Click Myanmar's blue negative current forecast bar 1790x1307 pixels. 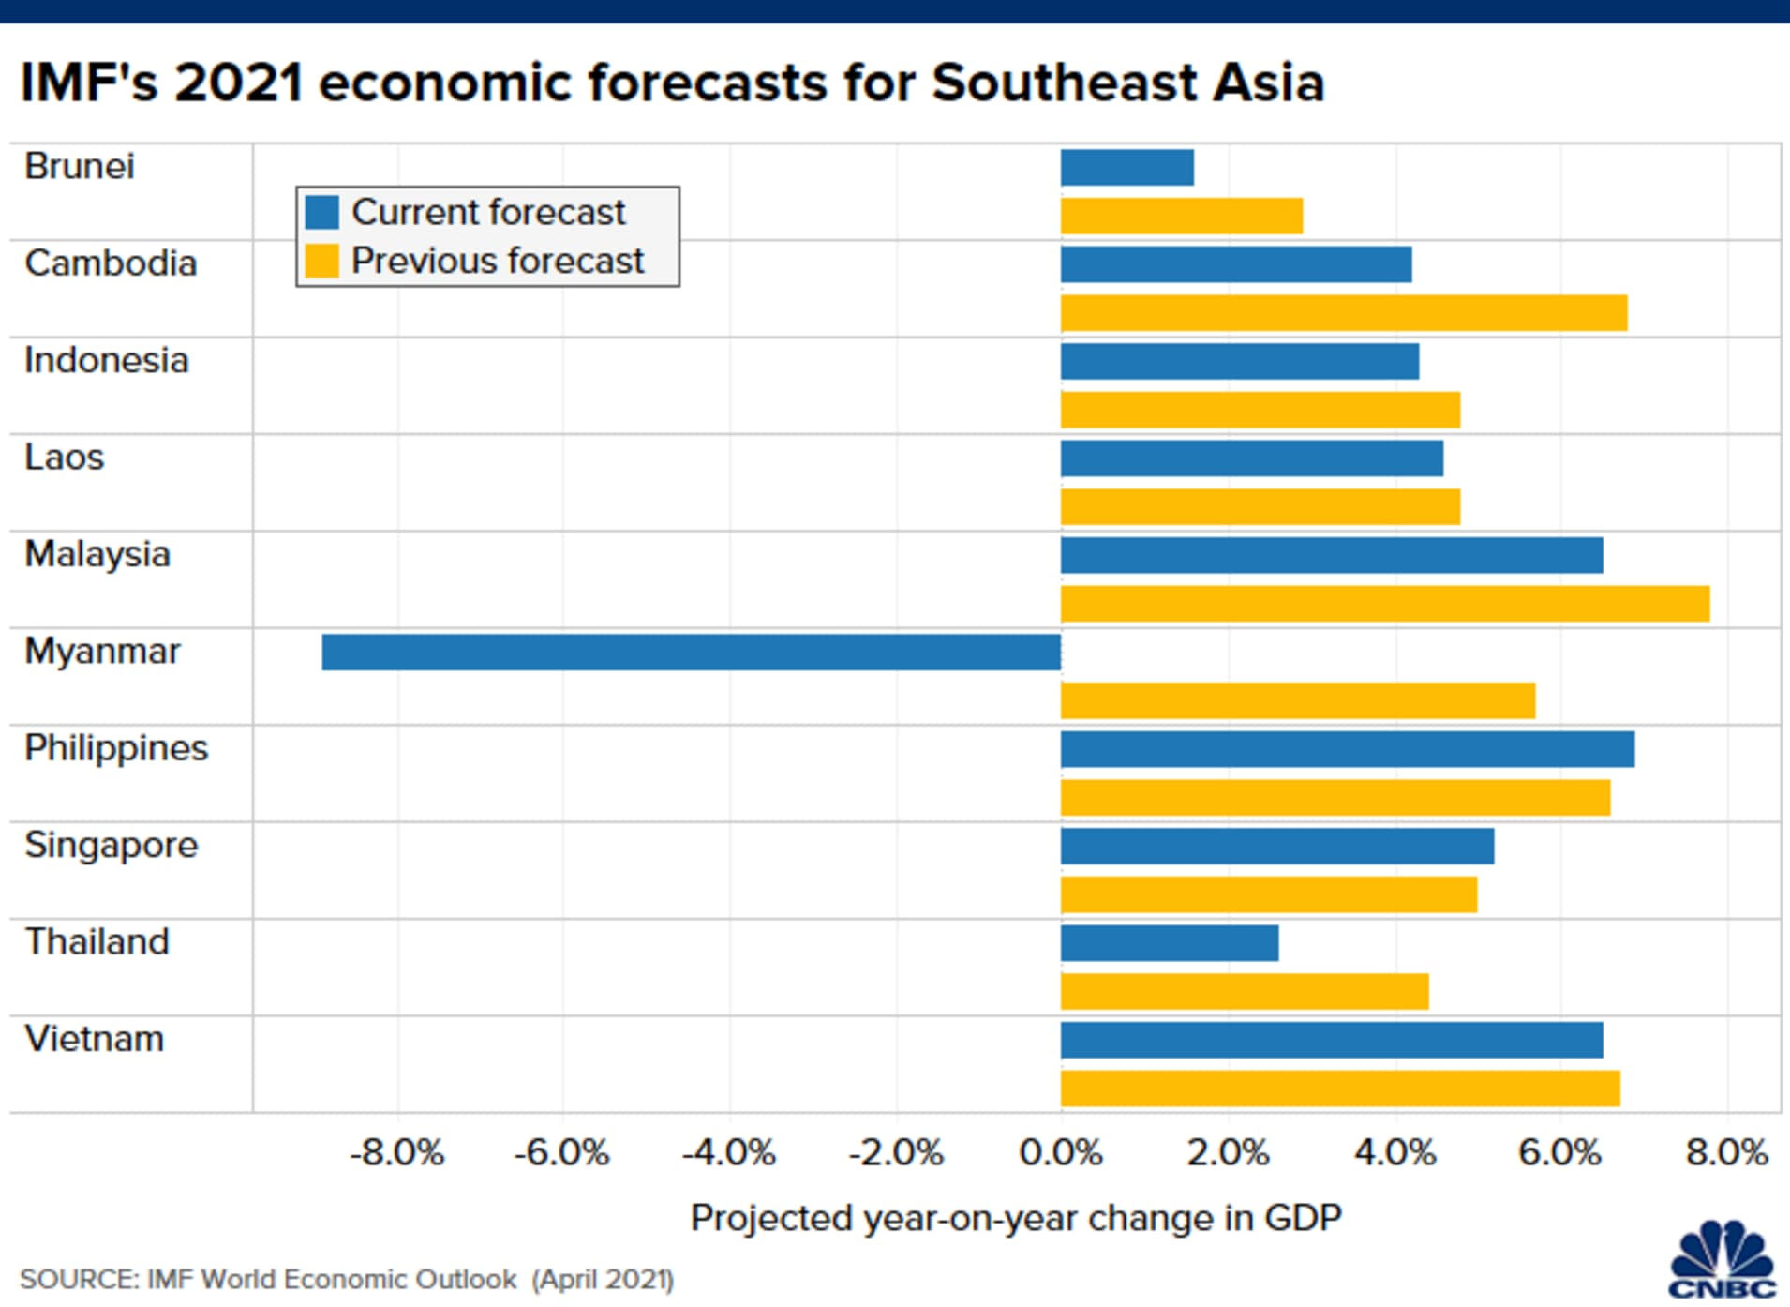pos(691,652)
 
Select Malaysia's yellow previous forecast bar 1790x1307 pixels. pos(1384,604)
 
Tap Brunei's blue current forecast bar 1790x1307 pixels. pos(1126,168)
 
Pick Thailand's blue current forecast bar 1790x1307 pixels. pos(1169,943)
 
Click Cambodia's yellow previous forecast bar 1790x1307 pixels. pos(1343,313)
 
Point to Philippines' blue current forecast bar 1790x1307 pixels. pos(1347,749)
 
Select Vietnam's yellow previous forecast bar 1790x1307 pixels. pos(1339,1089)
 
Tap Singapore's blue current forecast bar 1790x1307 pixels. pos(1276,846)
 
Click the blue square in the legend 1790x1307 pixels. pos(321,212)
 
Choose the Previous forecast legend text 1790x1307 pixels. pos(497,261)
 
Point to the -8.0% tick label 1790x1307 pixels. pos(397,1152)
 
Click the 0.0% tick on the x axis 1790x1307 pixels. pos(1060,1152)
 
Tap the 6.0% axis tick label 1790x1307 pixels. pos(1559,1152)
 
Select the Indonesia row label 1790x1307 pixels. pos(106,361)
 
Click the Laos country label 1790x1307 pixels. pos(64,458)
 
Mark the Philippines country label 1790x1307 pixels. pos(116,748)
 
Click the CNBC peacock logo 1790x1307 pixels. pos(1723,1259)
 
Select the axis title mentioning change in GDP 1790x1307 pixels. pos(1016,1218)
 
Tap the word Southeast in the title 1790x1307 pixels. pos(1062,83)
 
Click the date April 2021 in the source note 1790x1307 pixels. pos(603,1280)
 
